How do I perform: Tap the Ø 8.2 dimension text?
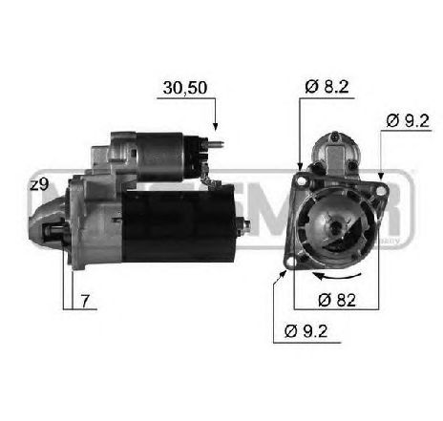pos(327,87)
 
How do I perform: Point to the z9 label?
pos(39,185)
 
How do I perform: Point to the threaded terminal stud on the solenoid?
pos(219,147)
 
